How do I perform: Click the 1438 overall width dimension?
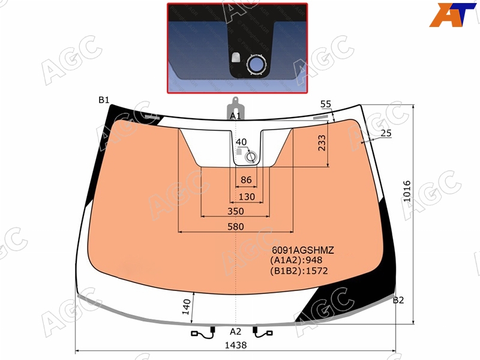click(x=235, y=346)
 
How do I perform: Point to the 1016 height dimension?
click(x=407, y=191)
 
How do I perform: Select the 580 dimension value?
click(x=236, y=227)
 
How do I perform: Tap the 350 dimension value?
click(x=236, y=211)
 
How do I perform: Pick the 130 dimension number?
click(x=247, y=197)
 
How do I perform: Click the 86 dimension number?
click(x=246, y=179)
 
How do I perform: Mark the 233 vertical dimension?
click(x=322, y=143)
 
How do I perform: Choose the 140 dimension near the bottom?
click(x=186, y=307)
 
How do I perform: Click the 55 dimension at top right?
click(x=326, y=104)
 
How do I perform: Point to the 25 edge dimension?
click(x=386, y=133)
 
